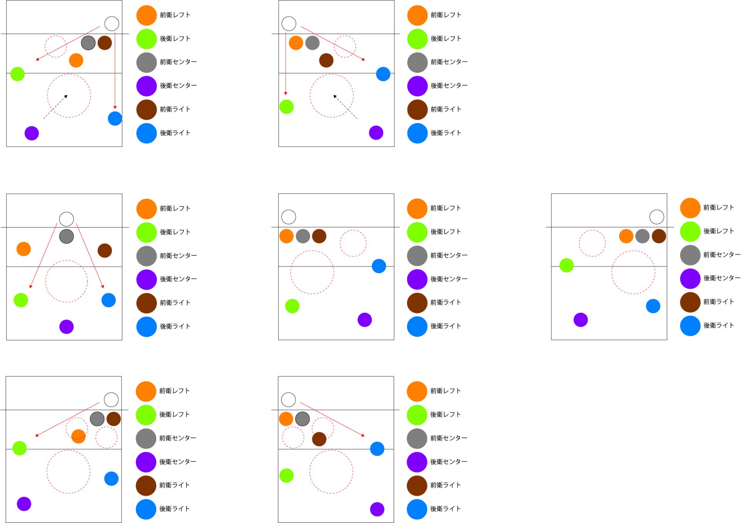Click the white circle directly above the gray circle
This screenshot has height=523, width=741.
[x=66, y=219]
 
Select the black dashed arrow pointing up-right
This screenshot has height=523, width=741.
[x=55, y=107]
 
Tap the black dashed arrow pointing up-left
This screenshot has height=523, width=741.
[x=345, y=107]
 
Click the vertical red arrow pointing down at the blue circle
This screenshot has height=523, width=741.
[x=115, y=69]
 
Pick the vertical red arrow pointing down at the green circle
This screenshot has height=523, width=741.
[x=286, y=64]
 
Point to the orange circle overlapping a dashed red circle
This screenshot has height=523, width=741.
[x=78, y=436]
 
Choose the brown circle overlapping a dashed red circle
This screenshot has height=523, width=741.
[x=319, y=439]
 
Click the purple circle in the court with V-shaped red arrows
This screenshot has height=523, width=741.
[x=66, y=327]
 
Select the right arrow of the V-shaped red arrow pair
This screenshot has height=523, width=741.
[x=90, y=255]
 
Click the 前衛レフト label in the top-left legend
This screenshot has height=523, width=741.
[x=175, y=15]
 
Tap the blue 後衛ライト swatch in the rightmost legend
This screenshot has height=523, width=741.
[x=690, y=326]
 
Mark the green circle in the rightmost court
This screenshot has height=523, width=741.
[x=567, y=265]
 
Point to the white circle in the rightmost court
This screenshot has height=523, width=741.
[x=657, y=217]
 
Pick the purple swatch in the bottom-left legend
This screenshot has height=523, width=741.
[x=146, y=462]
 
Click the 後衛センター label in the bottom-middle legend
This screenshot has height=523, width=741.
[x=448, y=462]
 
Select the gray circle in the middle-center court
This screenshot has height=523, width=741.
[x=303, y=236]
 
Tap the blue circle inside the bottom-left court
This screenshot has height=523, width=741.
[x=111, y=479]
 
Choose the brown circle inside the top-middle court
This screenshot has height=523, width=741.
[x=326, y=61]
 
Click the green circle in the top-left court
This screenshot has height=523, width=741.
[x=17, y=74]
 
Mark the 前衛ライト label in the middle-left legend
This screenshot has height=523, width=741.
[x=175, y=303]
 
